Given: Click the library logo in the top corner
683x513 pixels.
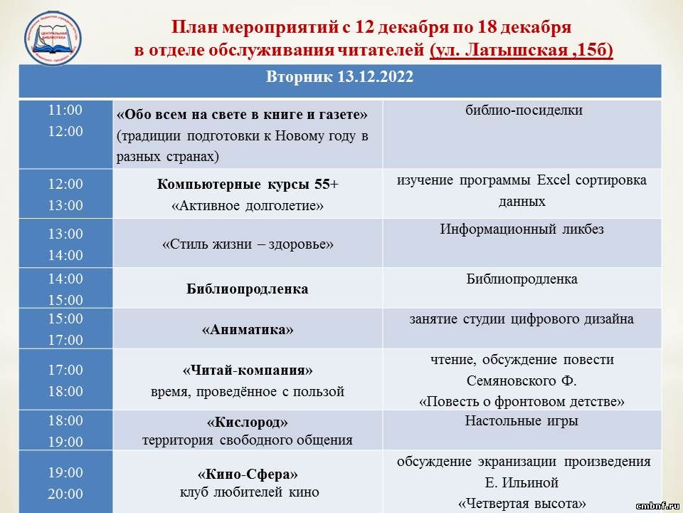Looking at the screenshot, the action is coord(53,38).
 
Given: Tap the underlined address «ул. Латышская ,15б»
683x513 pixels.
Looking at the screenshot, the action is coord(521,50).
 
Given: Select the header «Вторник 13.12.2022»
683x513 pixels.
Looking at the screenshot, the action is coord(340,77).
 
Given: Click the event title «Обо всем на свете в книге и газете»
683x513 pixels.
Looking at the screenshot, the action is coord(242,115).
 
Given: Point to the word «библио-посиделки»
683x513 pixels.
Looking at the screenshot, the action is coord(524,110).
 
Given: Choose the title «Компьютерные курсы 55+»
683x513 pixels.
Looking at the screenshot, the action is coord(248,184).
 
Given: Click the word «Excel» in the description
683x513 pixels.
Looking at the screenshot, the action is coord(554,180).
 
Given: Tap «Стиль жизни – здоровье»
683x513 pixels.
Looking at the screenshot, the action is coord(248,244).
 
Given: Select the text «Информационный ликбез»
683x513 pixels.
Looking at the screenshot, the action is coord(521,229).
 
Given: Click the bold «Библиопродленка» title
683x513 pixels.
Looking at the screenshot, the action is coord(248,289).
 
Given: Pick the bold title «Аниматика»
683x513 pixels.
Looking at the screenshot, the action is coord(248,329).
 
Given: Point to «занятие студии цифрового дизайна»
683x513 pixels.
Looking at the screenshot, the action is coord(521,319).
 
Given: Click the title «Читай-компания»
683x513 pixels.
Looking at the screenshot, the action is coord(248,370).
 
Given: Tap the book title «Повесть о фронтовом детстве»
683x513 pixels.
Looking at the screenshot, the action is coord(521,401).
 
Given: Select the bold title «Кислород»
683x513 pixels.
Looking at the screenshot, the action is coord(248,423).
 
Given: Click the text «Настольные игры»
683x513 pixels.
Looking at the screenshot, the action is coord(521,421).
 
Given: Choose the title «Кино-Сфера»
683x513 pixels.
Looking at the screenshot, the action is coord(248,474).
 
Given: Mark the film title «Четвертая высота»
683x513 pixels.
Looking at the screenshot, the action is coord(521,504).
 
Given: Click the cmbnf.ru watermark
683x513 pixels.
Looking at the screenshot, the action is coord(657,506).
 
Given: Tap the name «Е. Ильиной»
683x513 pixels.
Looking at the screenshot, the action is coord(521,483).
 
